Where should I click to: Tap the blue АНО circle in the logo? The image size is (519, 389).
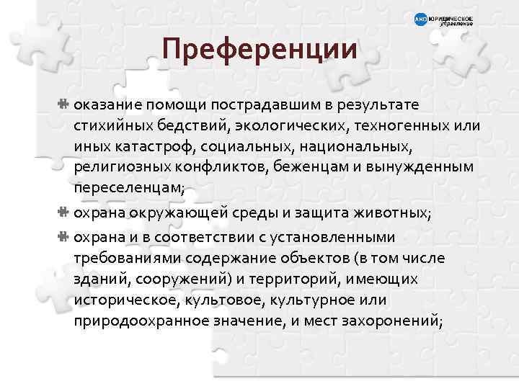click(x=420, y=19)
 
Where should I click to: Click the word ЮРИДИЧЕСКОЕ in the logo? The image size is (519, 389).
click(x=451, y=16)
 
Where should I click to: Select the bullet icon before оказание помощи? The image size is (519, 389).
click(x=63, y=105)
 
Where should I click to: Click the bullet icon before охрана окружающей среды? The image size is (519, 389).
click(x=63, y=212)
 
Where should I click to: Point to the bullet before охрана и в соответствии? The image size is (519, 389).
click(x=63, y=236)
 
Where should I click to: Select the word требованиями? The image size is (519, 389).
click(x=125, y=257)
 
